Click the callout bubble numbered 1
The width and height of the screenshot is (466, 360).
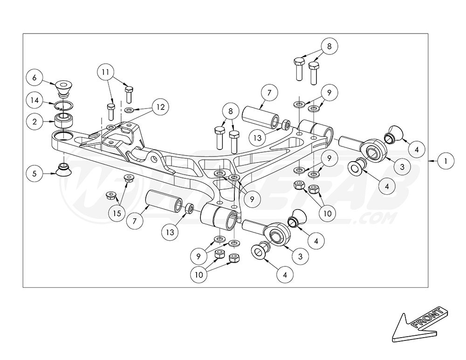click(x=446, y=161)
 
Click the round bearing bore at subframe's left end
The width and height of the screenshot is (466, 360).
click(x=62, y=136)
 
